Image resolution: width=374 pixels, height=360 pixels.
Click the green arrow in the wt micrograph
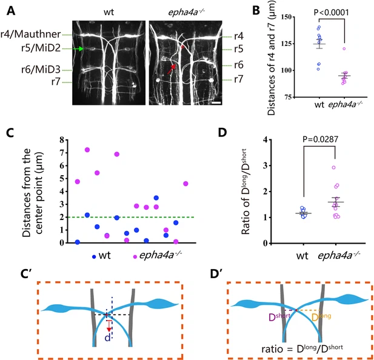pos(79,49)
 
